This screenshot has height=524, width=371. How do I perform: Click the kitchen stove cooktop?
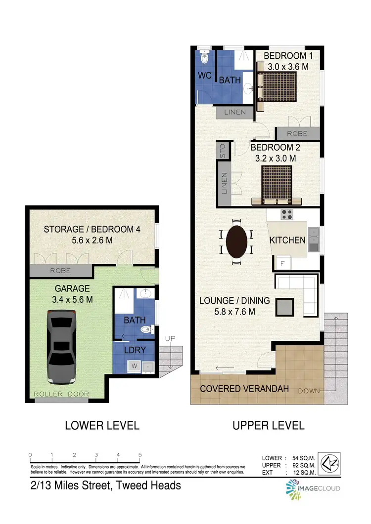(x=286, y=214)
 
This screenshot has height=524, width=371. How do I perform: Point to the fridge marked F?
(x=282, y=263)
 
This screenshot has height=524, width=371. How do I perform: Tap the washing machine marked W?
(x=133, y=366)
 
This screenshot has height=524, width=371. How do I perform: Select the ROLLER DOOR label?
(x=62, y=394)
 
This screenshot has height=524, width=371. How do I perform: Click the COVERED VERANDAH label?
(x=244, y=389)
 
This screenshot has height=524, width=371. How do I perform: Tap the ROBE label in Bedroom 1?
(x=297, y=133)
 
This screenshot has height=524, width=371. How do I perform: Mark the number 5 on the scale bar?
(x=140, y=455)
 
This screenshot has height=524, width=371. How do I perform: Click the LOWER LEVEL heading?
(x=102, y=425)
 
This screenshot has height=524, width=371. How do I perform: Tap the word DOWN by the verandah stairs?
(x=309, y=391)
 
